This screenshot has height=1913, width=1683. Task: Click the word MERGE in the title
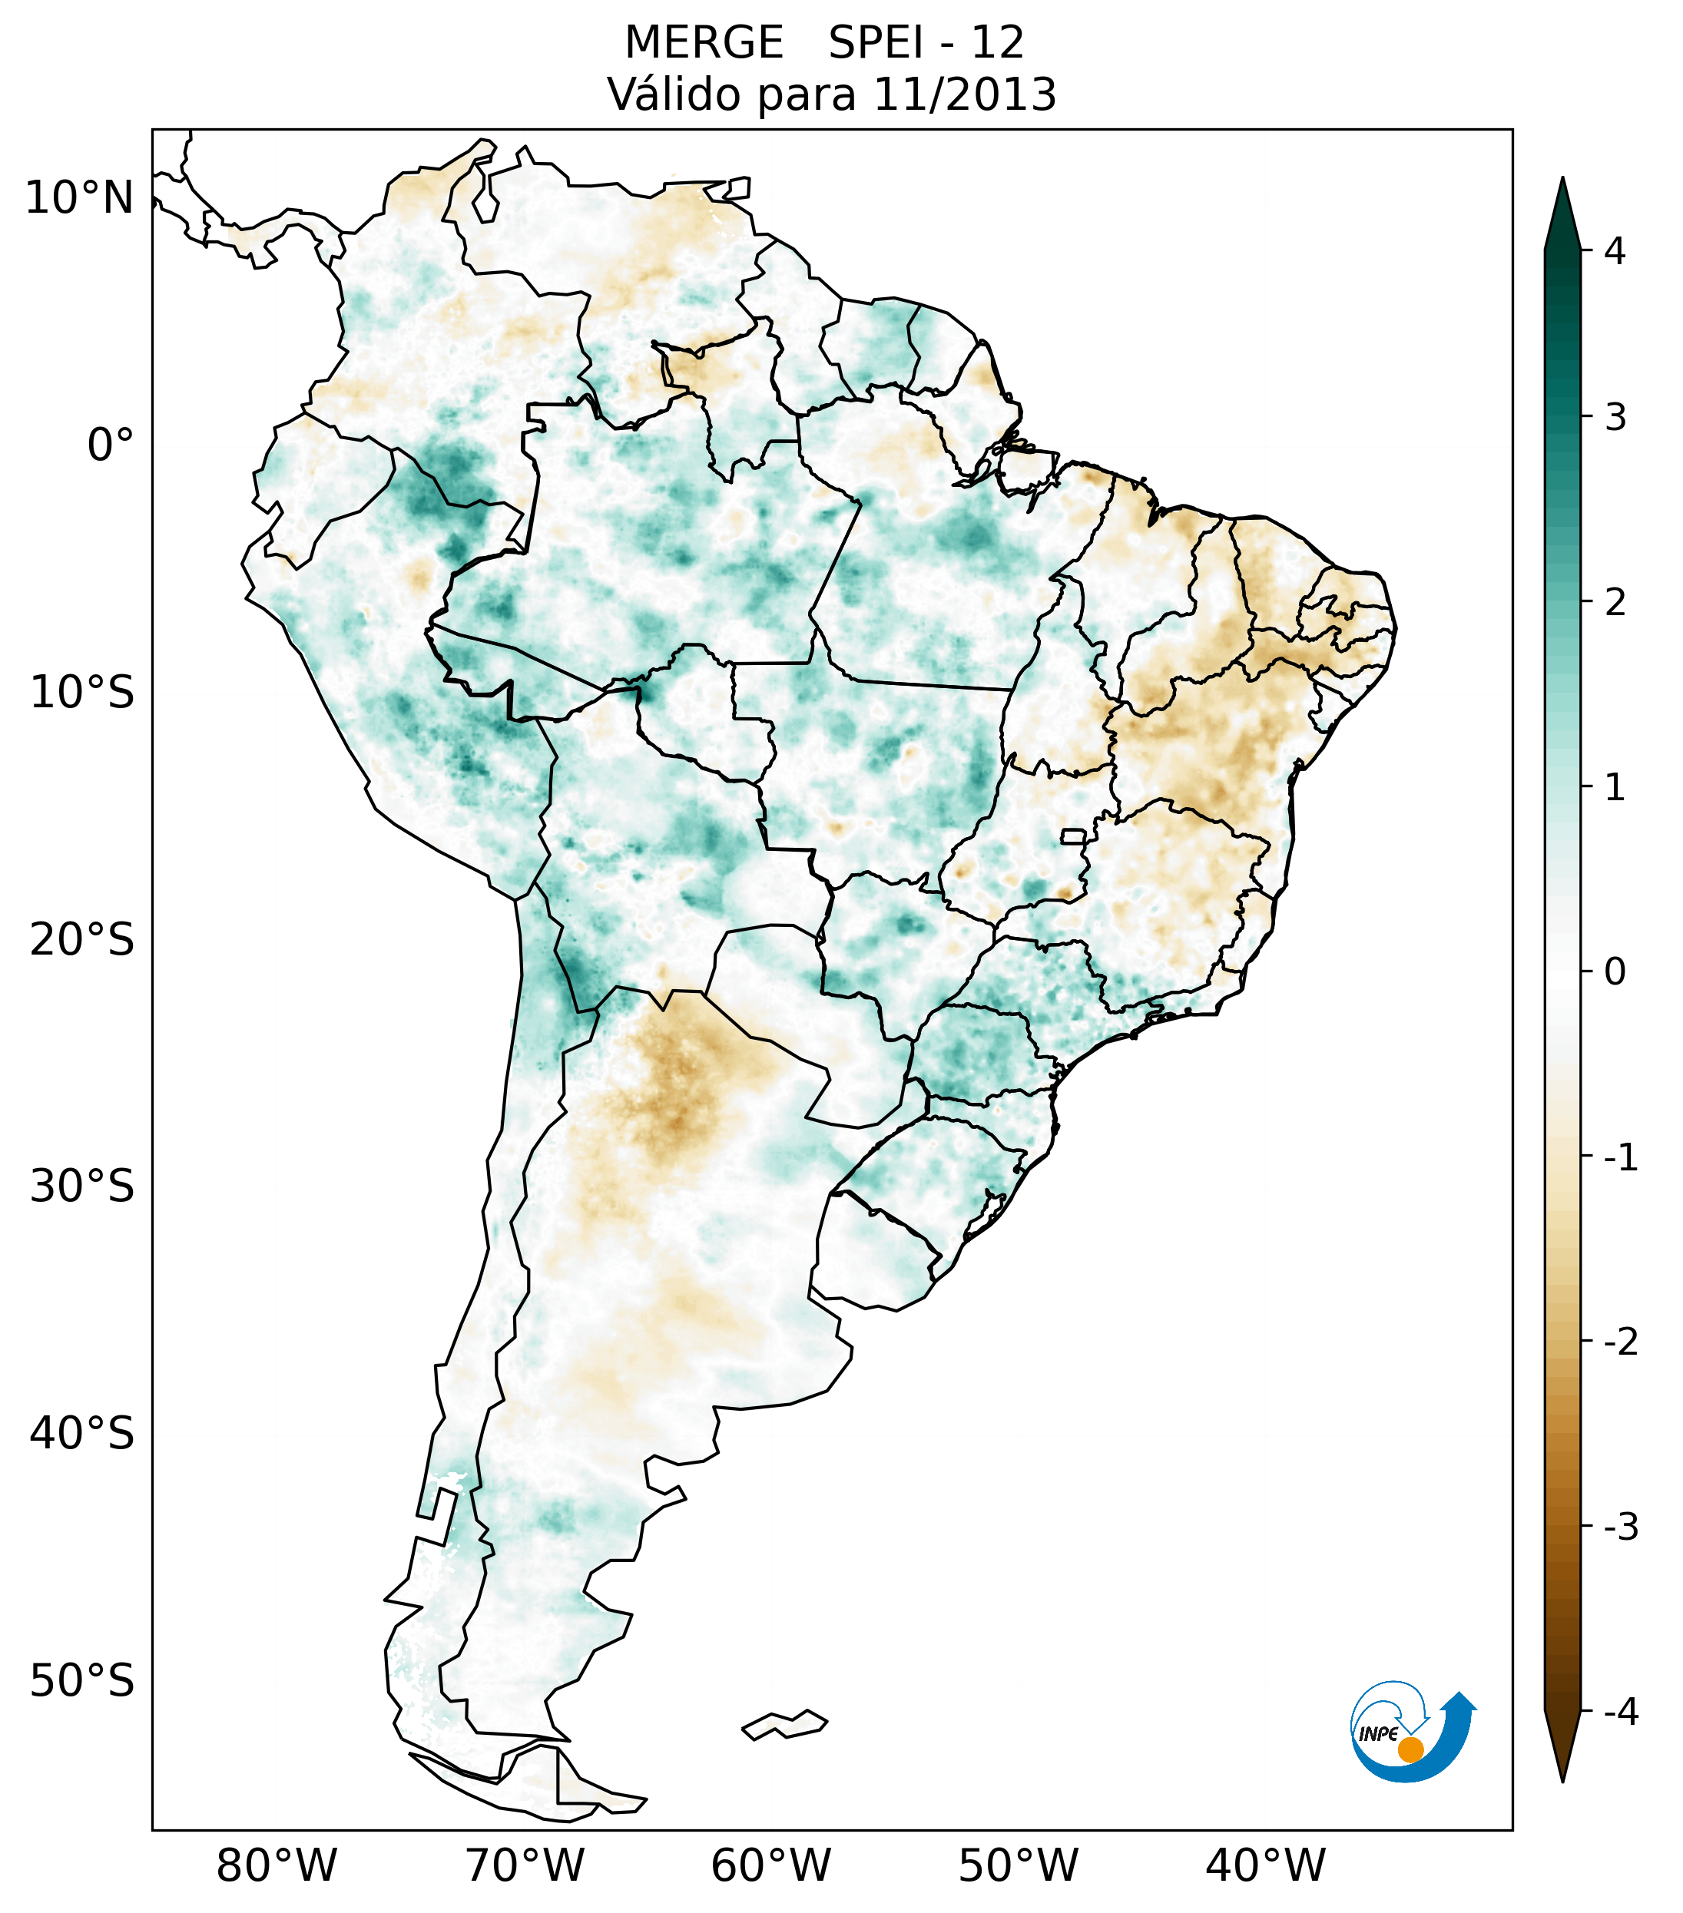(x=703, y=43)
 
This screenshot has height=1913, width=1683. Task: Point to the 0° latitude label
(x=111, y=445)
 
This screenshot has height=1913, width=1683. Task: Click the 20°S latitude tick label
(x=82, y=940)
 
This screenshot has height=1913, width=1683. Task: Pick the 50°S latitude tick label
(x=82, y=1682)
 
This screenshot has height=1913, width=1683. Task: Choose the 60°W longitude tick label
(x=770, y=1865)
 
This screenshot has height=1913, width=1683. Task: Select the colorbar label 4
(x=1615, y=251)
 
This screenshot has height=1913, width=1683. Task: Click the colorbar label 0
(x=1615, y=972)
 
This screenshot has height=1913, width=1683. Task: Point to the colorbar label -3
(x=1620, y=1527)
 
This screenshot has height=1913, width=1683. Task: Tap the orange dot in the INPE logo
(x=1410, y=1749)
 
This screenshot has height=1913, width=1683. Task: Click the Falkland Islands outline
(x=784, y=1724)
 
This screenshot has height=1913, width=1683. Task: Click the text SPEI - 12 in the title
(x=926, y=43)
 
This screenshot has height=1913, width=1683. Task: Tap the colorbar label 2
(x=1615, y=603)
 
